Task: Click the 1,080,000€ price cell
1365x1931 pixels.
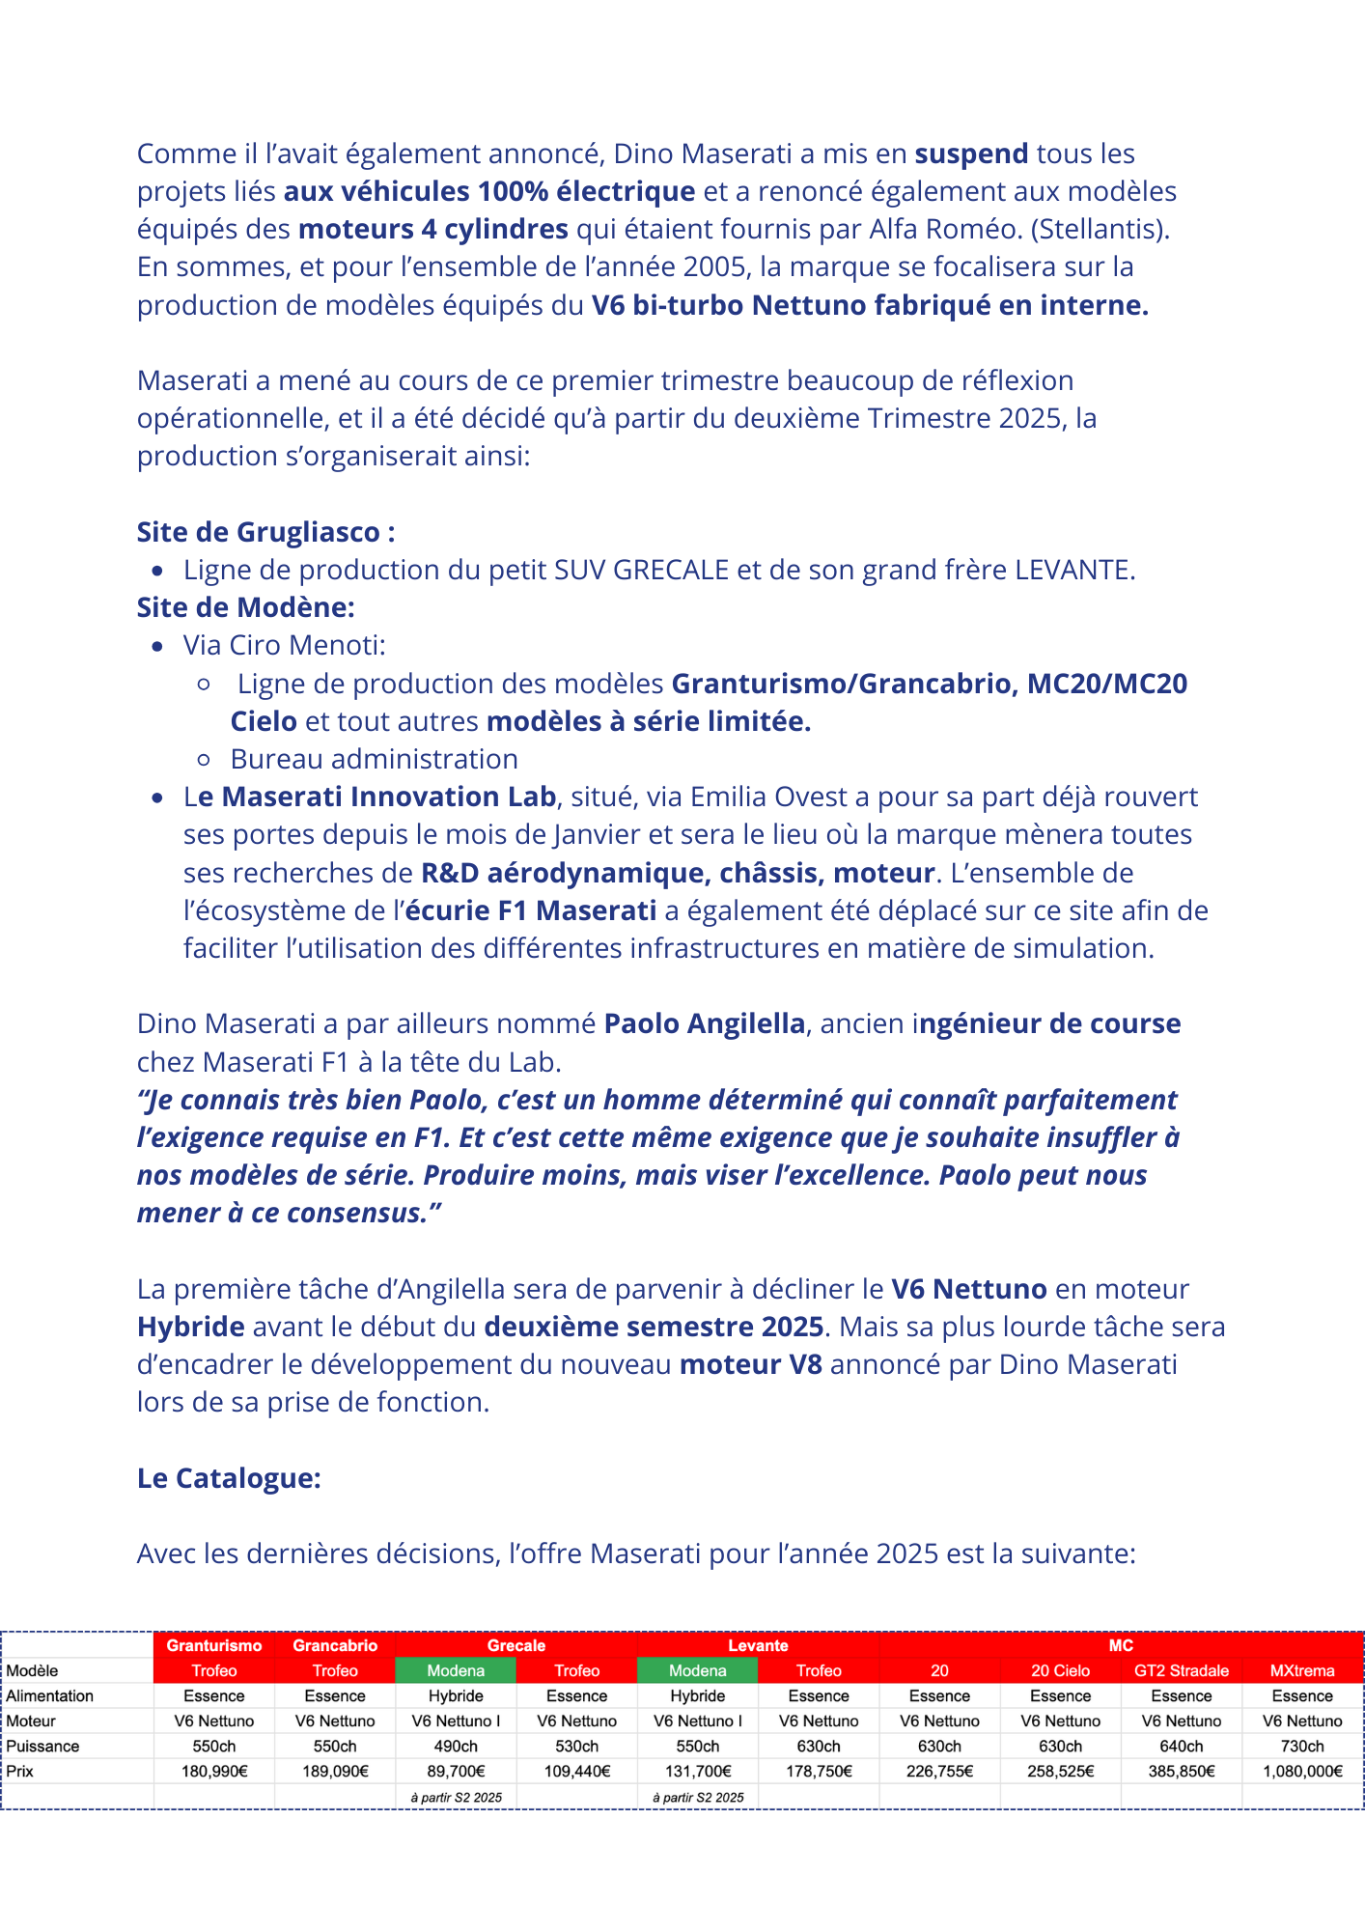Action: (x=1302, y=1771)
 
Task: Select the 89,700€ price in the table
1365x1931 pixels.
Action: (x=456, y=1771)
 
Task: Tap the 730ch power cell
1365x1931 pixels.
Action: (x=1302, y=1746)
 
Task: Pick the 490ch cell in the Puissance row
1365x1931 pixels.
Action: (x=456, y=1746)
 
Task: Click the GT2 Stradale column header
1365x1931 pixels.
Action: (x=1181, y=1670)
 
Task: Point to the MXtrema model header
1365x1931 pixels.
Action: (x=1302, y=1670)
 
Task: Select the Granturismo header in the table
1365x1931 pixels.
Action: (x=214, y=1645)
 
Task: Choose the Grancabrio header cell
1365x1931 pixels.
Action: (x=335, y=1645)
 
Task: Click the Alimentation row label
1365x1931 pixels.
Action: (x=50, y=1695)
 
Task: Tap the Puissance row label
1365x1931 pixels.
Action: (x=43, y=1746)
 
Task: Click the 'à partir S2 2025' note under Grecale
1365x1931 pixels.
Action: (x=456, y=1797)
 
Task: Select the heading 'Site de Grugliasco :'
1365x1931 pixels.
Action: (x=265, y=532)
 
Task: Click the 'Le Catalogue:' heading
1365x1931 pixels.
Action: (x=229, y=1477)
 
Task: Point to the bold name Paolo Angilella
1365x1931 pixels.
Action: (x=704, y=1023)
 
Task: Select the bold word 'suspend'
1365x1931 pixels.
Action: (x=971, y=154)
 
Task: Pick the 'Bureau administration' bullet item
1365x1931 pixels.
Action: (x=374, y=759)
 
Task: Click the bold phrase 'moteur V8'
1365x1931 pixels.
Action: (x=751, y=1364)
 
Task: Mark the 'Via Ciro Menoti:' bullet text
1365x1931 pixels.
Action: (x=284, y=645)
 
